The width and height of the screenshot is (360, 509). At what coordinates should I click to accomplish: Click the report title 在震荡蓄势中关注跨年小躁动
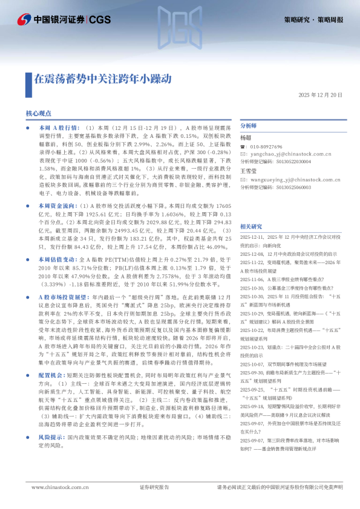pyautogui.click(x=102, y=79)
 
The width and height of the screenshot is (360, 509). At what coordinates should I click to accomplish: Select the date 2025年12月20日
pyautogui.click(x=320, y=95)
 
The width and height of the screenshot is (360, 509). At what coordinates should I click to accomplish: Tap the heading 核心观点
pyautogui.click(x=55, y=113)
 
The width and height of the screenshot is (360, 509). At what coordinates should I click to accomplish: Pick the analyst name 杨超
pyautogui.click(x=245, y=138)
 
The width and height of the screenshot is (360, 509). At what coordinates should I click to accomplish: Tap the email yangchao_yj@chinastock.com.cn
pyautogui.click(x=290, y=155)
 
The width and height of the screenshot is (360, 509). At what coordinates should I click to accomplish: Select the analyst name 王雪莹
pyautogui.click(x=248, y=171)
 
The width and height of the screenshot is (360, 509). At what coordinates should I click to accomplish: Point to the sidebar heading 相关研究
pyautogui.click(x=251, y=226)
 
